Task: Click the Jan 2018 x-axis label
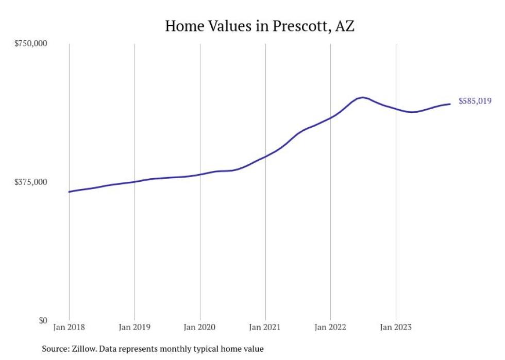click(69, 327)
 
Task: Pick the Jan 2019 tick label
click(134, 327)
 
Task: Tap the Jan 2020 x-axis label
click(200, 327)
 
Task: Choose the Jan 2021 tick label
click(265, 327)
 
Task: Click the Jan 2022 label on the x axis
click(330, 327)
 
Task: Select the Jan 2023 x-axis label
click(396, 327)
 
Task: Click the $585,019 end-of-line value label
click(475, 101)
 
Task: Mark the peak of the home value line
click(363, 97)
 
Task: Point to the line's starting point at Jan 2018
click(69, 192)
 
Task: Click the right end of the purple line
click(450, 104)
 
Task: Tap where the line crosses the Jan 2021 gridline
click(265, 156)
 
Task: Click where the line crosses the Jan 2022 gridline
click(330, 118)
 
